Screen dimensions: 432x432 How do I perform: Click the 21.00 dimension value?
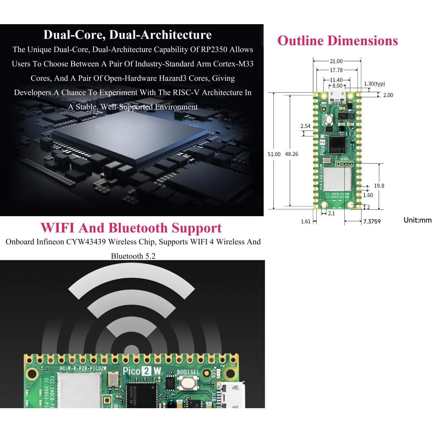pos(336,62)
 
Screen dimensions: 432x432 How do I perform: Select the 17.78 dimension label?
pos(336,70)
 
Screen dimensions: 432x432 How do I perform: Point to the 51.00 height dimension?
pos(274,154)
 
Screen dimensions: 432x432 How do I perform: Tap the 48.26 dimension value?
pos(292,154)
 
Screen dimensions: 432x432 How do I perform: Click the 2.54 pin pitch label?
pos(305,126)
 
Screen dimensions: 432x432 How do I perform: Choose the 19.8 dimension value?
pos(379,186)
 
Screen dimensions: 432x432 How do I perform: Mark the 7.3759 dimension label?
pos(372,222)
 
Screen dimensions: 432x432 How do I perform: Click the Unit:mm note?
pos(417,220)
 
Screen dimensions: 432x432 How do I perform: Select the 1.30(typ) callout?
pos(374,84)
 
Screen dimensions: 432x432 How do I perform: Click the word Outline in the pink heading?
pos(300,41)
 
